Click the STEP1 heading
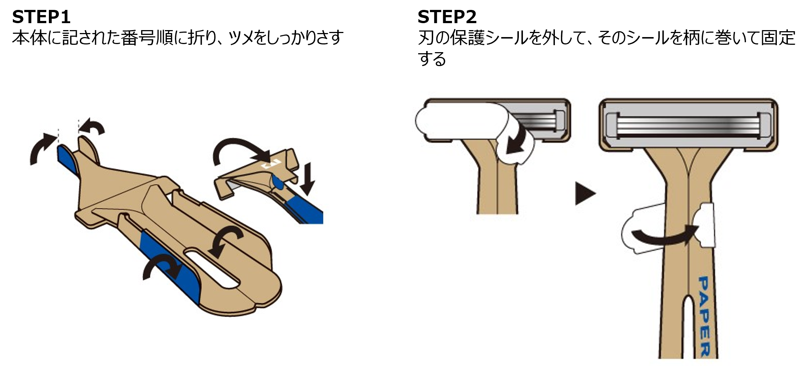pos(41,17)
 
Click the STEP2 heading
pos(447,17)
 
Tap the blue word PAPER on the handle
pos(704,316)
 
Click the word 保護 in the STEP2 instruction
pos(467,37)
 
